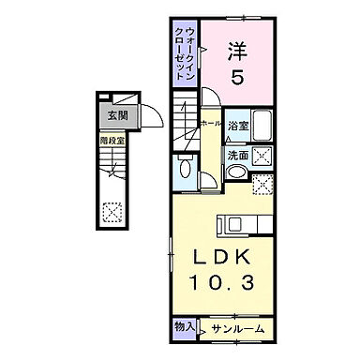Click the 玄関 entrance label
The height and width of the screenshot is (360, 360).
point(117,116)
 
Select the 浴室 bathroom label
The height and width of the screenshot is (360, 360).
point(237,125)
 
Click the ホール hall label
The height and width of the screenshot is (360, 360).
point(210,124)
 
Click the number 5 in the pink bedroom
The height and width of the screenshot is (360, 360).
point(237,80)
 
